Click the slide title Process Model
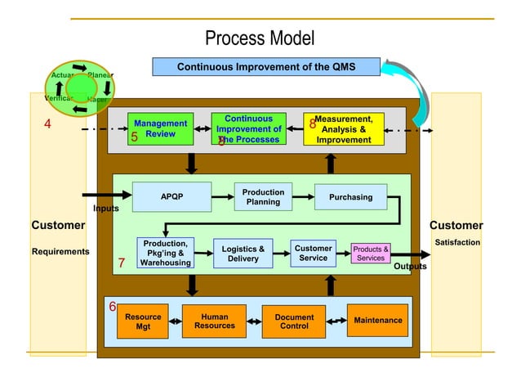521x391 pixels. pos(259,38)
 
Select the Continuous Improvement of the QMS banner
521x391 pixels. pos(266,66)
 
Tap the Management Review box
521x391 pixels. pos(161,128)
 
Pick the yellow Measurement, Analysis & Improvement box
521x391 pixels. pos(343,129)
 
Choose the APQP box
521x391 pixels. pos(171,197)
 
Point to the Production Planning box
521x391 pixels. pos(263,197)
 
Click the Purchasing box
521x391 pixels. pos(350,197)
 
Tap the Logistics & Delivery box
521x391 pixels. pos(243,254)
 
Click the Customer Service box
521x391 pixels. pos(313,253)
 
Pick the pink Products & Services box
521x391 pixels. pos(371,254)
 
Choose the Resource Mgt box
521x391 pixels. pos(143,321)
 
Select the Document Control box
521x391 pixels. pos(294,321)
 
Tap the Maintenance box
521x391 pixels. pos(377,320)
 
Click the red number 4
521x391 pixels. pos(47,124)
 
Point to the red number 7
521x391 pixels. pos(120,264)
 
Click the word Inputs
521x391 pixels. pos(105,209)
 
